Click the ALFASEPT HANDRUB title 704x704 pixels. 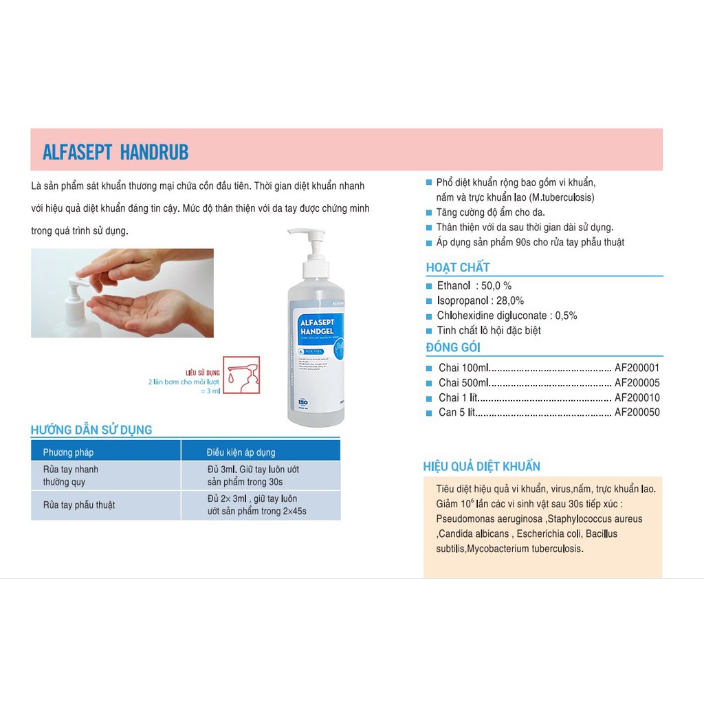click(x=115, y=152)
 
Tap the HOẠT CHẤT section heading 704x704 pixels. click(x=458, y=267)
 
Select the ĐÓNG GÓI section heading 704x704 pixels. click(x=453, y=347)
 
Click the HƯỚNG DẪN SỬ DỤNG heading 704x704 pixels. click(x=91, y=430)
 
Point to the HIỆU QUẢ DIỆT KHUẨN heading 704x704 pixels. click(x=481, y=467)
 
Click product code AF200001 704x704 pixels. click(x=637, y=368)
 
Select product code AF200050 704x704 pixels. click(x=637, y=412)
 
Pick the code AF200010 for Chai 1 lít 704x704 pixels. click(x=637, y=397)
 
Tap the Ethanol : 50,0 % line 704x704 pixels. click(x=474, y=285)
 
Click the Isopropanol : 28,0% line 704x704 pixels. click(x=480, y=300)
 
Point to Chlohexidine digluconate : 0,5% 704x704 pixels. click(x=507, y=316)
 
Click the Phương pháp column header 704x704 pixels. click(x=68, y=452)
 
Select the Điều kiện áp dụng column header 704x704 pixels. click(x=241, y=452)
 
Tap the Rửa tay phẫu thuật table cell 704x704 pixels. click(x=79, y=505)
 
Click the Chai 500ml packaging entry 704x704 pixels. click(x=464, y=383)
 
